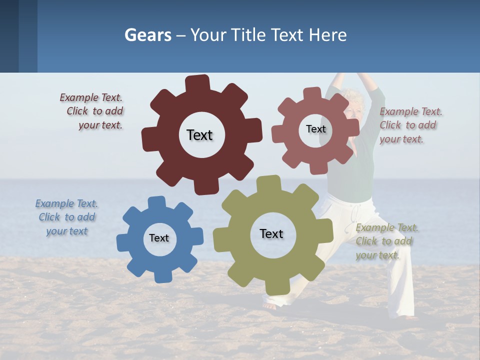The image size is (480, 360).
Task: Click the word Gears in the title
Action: point(147,35)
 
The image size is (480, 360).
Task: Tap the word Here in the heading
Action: point(327,35)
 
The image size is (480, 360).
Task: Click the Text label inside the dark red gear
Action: point(199,135)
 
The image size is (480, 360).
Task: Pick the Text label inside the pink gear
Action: point(315,129)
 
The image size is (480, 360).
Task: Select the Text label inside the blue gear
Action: point(159,238)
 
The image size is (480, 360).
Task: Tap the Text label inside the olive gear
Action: point(271,233)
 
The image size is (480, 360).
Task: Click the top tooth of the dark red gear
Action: point(197,83)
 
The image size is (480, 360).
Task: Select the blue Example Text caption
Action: point(66,217)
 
